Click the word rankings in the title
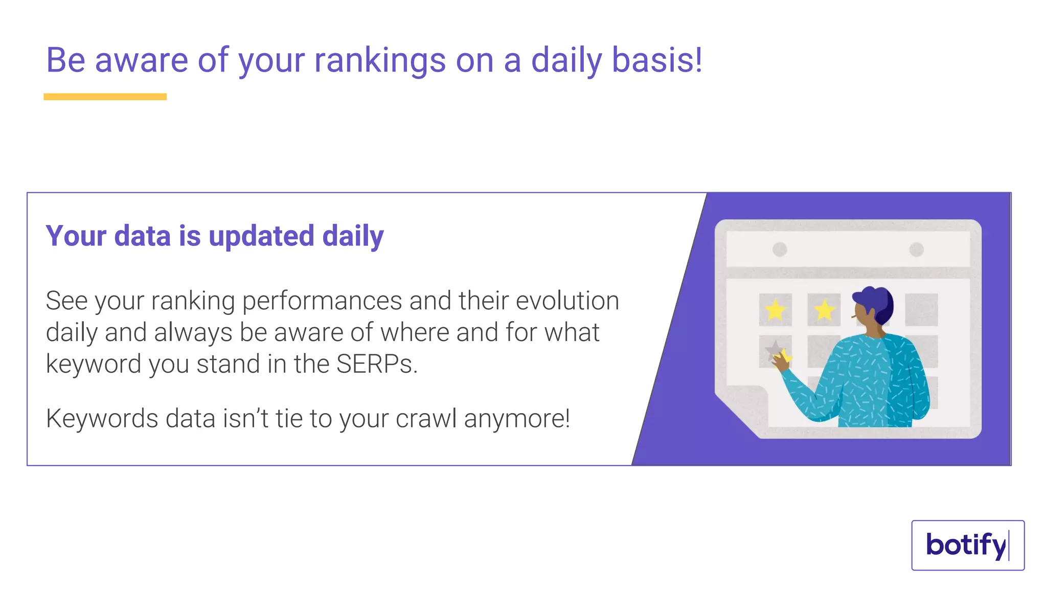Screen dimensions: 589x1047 click(380, 60)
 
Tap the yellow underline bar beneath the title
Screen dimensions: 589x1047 click(105, 97)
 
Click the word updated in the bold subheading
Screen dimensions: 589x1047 click(261, 236)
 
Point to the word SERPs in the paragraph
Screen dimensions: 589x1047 click(376, 364)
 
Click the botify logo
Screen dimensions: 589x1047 click(967, 545)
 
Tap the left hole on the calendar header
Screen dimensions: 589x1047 click(780, 250)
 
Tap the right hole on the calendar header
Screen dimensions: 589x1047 click(917, 250)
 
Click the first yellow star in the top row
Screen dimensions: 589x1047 click(776, 310)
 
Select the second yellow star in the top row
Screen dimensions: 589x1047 click(824, 310)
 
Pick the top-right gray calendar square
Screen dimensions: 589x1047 click(921, 309)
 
